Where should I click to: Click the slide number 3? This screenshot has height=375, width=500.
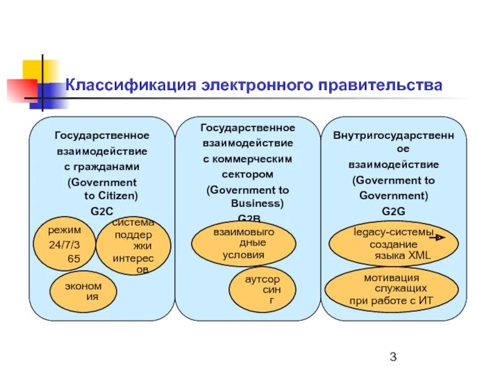[x=393, y=357]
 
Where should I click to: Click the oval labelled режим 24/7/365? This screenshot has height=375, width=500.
[x=65, y=244]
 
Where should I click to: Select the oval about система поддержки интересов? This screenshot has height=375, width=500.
[x=133, y=246]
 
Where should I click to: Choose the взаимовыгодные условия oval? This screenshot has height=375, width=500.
[x=243, y=243]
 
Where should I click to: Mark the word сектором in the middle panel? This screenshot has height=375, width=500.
[x=248, y=174]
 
